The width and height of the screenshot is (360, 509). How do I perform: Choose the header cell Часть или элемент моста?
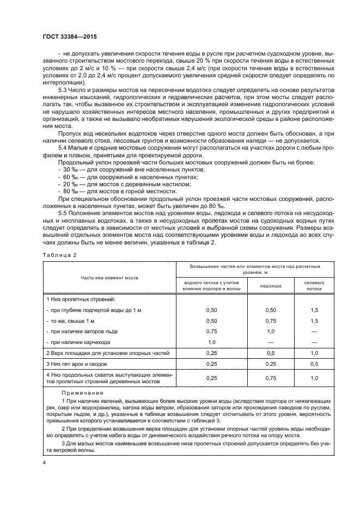[x=109, y=278]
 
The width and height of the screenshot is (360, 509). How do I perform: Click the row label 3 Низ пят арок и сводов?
[x=82, y=363]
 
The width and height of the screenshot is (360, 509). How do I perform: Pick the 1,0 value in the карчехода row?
[x=212, y=342]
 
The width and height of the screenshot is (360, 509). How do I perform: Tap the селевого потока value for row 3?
[x=314, y=363]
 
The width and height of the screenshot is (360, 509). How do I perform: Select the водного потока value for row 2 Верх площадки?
[x=212, y=353]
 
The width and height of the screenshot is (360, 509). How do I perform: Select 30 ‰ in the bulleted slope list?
[x=71, y=169]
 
